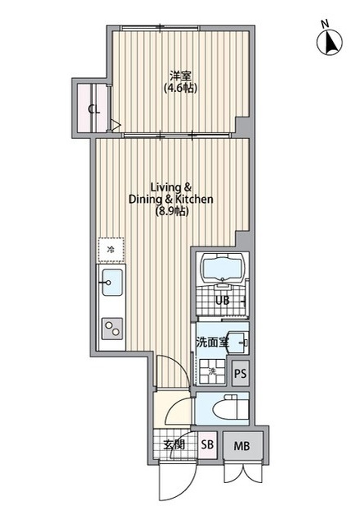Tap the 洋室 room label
coord(181,76)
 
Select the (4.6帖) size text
coord(181,88)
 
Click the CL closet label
coord(94,109)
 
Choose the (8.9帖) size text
coord(173,211)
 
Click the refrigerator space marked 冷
coord(111,250)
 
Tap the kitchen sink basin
coord(112,283)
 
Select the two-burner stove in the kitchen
coord(112,329)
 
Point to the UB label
coord(222,301)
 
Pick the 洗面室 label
coord(212,342)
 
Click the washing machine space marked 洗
coord(212,372)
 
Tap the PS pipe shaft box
coord(241,374)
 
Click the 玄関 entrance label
coord(174,444)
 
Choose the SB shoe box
coord(208,444)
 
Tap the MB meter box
coord(242,446)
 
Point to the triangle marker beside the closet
coord(115,125)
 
